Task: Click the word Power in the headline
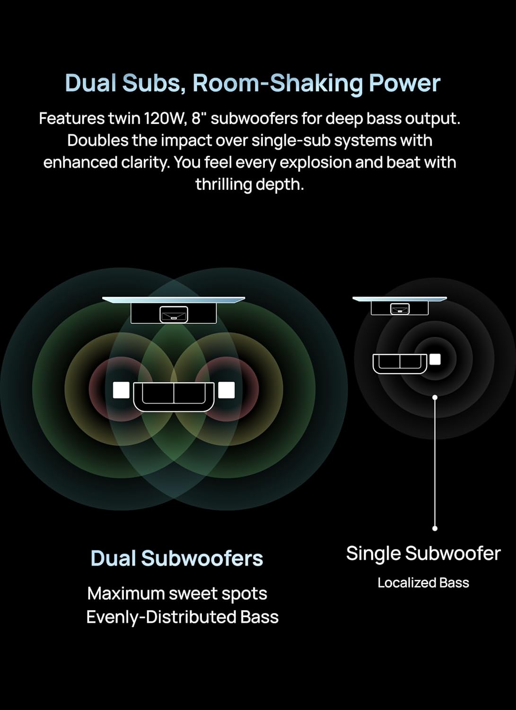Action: point(404,83)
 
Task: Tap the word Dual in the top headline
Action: point(90,83)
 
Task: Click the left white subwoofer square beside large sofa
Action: point(121,390)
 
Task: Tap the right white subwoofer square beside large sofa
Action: point(227,390)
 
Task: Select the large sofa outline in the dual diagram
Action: point(174,396)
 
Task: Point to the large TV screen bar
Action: point(174,299)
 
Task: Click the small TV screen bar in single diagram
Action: point(400,299)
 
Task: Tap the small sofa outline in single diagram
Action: point(400,363)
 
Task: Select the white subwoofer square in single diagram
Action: point(435,359)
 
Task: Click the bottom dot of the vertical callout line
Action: point(435,528)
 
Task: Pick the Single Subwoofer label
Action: point(423,553)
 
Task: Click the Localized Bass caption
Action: point(423,583)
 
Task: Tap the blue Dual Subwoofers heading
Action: point(176,558)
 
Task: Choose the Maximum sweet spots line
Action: point(177,594)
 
